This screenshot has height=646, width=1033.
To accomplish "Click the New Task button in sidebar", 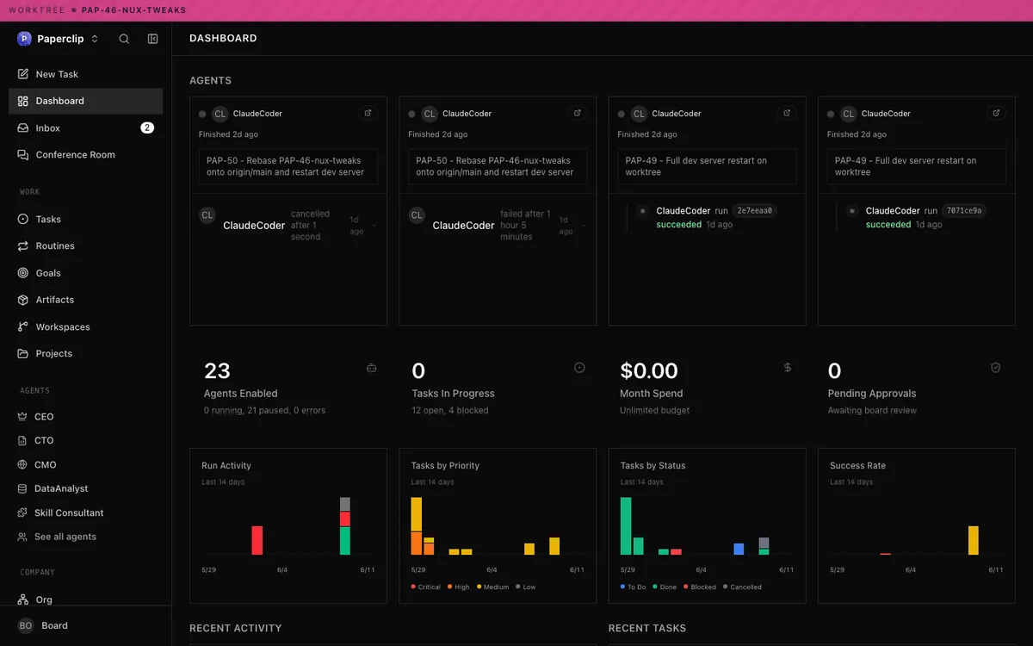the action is coord(48,74).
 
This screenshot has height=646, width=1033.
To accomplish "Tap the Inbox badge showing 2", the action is coord(147,127).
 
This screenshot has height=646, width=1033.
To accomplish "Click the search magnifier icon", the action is coord(124,39).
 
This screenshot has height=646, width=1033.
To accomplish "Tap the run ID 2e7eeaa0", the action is coord(754,210).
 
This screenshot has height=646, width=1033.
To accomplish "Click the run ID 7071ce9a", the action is coord(964,210).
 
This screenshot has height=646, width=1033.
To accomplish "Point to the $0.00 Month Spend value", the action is coord(649,370).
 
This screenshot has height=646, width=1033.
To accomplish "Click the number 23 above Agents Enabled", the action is coord(217,370).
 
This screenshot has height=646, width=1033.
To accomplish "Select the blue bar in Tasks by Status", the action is coord(739,549).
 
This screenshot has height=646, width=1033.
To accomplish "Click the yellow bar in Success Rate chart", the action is coord(973,540).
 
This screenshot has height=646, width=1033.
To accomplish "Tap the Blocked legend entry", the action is coord(700,587).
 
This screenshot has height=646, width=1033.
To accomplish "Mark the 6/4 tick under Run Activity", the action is coord(282,570).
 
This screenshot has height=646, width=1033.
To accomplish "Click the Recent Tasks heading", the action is coord(647,628).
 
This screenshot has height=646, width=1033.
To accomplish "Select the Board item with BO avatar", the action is coord(43,625).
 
